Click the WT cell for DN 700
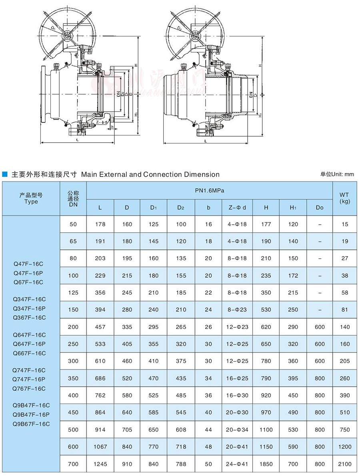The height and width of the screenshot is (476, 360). pyautogui.click(x=344, y=464)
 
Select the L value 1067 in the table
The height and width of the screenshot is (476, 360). pyautogui.click(x=100, y=447)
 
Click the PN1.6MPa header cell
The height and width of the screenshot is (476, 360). pyautogui.click(x=210, y=191)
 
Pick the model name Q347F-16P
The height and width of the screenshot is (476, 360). pyautogui.click(x=29, y=308)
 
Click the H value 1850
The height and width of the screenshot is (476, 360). pyautogui.click(x=266, y=464)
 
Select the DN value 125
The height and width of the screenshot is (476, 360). pyautogui.click(x=73, y=293)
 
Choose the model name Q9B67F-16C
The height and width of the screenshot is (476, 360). pyautogui.click(x=31, y=424)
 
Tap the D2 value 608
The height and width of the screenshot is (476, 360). pyautogui.click(x=181, y=430)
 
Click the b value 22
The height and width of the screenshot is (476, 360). pyautogui.click(x=208, y=293)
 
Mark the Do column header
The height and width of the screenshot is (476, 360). pyautogui.click(x=319, y=207)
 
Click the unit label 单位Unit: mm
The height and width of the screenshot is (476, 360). pyautogui.click(x=337, y=174)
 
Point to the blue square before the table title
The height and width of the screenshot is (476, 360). pyautogui.click(x=5, y=174)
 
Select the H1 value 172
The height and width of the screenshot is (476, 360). pyautogui.click(x=293, y=275)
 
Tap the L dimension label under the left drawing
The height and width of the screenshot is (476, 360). pyautogui.click(x=77, y=140)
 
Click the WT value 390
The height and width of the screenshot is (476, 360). pyautogui.click(x=344, y=395)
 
